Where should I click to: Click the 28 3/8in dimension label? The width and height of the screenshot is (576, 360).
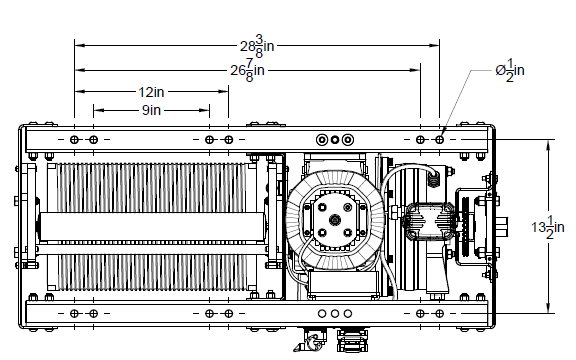pos(257,46)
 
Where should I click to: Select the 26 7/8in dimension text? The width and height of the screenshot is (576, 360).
pos(248,70)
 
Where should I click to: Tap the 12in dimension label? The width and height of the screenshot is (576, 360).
pos(151,92)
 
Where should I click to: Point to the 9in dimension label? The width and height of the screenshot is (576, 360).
pos(151,110)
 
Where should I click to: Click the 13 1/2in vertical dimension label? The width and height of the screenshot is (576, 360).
pos(548,227)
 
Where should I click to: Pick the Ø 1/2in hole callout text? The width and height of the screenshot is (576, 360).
pos(510,70)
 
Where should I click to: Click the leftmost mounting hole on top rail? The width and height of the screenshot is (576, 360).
pos(74,140)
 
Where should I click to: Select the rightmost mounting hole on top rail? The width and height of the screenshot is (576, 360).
pos(439,140)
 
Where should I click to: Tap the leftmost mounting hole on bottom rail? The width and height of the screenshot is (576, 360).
pos(74,314)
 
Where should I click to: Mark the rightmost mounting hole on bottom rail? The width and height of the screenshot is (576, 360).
pos(439,314)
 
